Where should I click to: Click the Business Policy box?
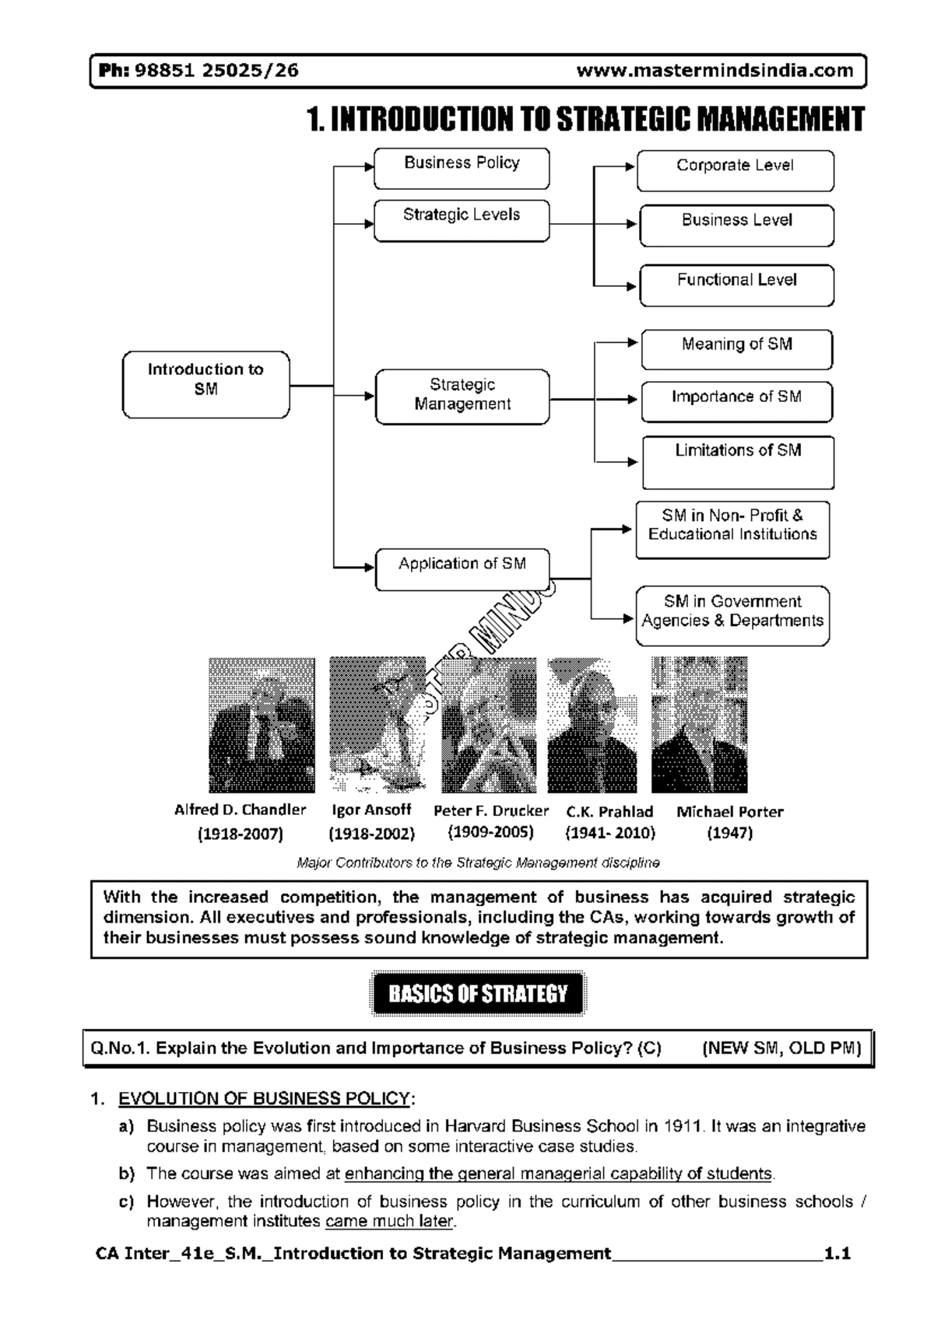[x=462, y=168]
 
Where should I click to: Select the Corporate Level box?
[x=735, y=170]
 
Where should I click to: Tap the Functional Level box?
[x=736, y=285]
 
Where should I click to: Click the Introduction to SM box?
[x=205, y=384]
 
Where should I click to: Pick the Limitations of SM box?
[x=737, y=462]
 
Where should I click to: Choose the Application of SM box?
[x=462, y=569]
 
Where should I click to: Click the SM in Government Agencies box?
[x=732, y=616]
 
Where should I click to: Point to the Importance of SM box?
[x=736, y=401]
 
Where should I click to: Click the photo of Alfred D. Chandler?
[x=262, y=725]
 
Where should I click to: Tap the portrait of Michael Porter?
[x=699, y=725]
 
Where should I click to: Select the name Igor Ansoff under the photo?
[x=371, y=810]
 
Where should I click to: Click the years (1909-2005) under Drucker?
[x=490, y=831]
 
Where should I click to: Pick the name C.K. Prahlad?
[x=609, y=811]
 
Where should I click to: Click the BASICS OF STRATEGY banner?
[x=478, y=993]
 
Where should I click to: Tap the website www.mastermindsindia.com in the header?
[x=715, y=71]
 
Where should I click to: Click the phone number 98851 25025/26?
[x=216, y=71]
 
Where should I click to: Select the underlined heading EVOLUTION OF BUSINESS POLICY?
[x=264, y=1098]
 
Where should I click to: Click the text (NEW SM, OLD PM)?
[x=781, y=1048]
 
